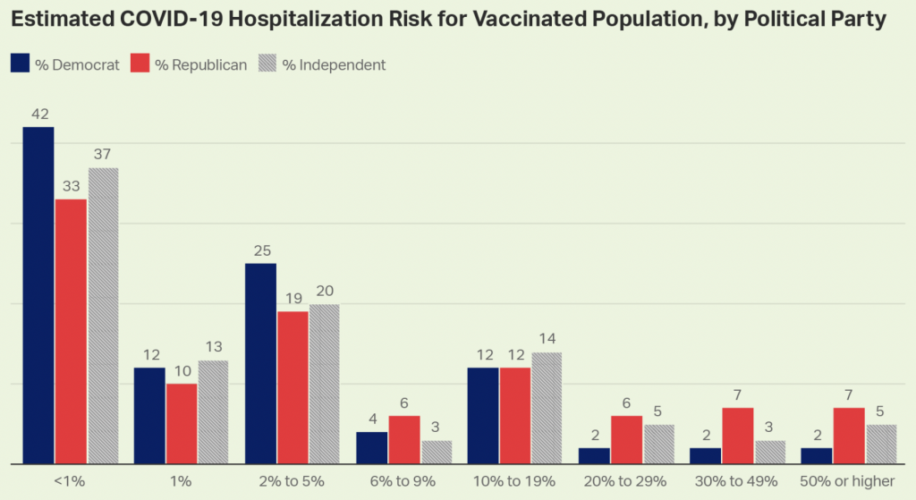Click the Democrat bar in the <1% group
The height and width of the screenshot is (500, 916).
click(x=38, y=295)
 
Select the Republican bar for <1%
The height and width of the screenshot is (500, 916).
click(x=71, y=331)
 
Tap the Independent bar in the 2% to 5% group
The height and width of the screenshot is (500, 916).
click(x=324, y=384)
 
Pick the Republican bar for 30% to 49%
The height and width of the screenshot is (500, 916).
click(x=737, y=436)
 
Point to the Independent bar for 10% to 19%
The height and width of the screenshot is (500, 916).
click(x=547, y=408)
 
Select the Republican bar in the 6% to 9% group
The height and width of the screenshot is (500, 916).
click(x=403, y=439)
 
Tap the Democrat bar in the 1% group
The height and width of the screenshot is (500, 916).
click(x=149, y=415)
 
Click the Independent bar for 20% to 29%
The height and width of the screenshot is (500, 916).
click(x=657, y=444)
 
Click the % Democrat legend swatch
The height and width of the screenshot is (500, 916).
click(x=21, y=64)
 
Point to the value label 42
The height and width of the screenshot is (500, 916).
click(x=38, y=114)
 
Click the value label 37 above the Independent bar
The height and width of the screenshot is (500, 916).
click(x=103, y=155)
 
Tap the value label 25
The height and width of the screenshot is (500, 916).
click(x=261, y=250)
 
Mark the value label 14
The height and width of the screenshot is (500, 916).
click(x=547, y=340)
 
